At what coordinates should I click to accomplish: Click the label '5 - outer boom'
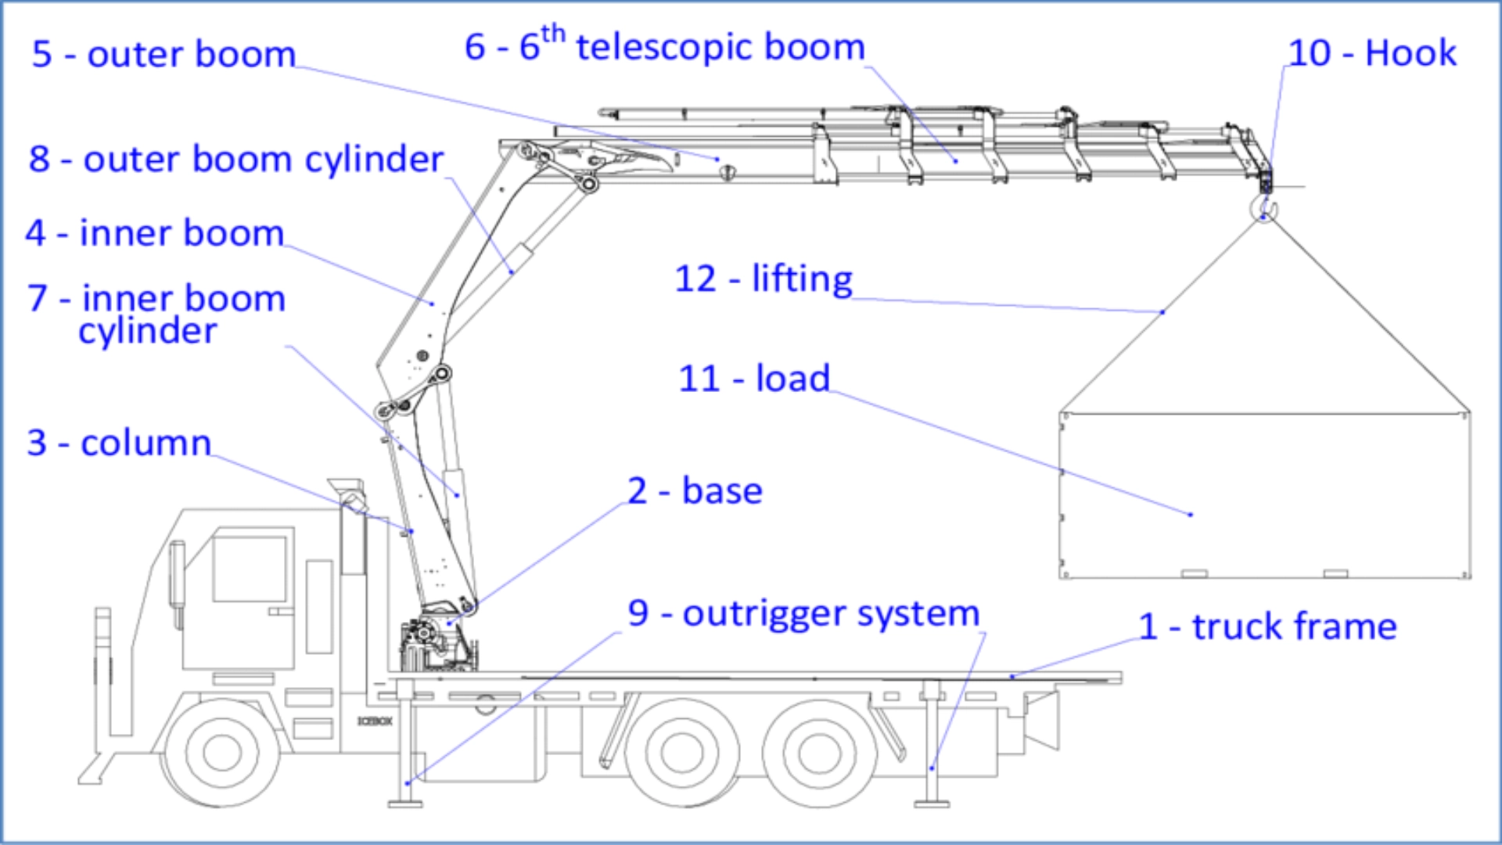[x=163, y=55]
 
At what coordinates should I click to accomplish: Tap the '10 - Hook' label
[x=1372, y=53]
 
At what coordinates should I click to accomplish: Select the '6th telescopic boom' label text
[x=665, y=47]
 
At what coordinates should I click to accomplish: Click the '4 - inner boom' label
[x=154, y=234]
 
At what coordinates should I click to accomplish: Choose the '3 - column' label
[x=119, y=444]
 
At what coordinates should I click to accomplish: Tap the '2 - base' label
[x=695, y=491]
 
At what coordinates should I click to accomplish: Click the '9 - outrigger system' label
[x=803, y=614]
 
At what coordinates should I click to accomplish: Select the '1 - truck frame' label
[x=1267, y=627]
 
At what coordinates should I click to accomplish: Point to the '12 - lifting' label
[x=764, y=279]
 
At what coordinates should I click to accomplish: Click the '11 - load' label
[x=754, y=379]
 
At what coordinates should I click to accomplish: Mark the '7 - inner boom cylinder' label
[x=156, y=315]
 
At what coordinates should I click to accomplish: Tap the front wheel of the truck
[x=222, y=752]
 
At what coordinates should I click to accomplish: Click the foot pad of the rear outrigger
[x=932, y=802]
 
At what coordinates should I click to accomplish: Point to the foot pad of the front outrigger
[x=405, y=802]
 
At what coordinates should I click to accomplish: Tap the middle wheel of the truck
[x=682, y=752]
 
